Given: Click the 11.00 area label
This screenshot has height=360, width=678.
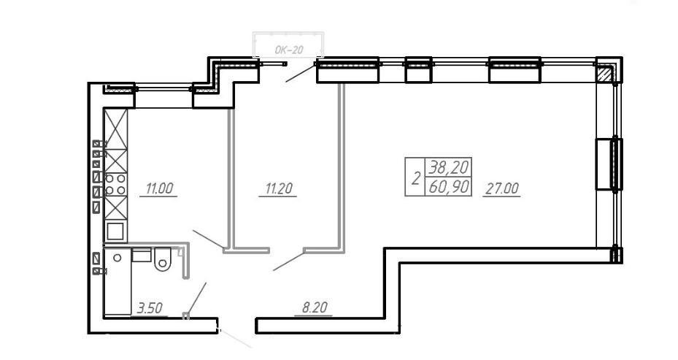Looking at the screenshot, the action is point(159,188).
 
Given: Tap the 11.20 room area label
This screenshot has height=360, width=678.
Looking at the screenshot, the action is point(279,188).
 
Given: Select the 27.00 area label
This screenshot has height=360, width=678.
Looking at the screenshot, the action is point(501,188).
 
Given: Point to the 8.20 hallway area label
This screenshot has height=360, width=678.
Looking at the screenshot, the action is point(315,307).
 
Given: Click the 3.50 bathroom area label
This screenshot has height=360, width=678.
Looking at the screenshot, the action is point(150,307).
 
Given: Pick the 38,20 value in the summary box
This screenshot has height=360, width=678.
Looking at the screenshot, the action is point(448,166).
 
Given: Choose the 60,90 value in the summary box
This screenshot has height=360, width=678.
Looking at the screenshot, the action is point(448,187).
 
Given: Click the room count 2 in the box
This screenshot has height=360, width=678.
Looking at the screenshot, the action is point(415,178).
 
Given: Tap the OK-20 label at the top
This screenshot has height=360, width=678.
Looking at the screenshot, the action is point(289,50).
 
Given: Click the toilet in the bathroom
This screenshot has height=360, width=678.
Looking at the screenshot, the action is point(163,258).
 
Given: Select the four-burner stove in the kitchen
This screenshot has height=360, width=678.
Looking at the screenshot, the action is point(116,184).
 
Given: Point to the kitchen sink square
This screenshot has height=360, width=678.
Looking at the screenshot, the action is point(116,231).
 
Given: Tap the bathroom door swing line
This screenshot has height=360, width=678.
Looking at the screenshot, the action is point(196,299).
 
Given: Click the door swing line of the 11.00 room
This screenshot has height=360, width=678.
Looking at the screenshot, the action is point(209,240).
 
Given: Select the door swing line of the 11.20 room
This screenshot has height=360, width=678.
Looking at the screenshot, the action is point(289,261).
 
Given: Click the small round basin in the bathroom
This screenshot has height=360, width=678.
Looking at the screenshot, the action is point(118,258).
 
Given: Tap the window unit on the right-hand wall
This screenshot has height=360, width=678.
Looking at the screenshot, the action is point(609,164).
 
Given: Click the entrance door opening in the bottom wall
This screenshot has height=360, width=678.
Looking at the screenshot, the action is point(236,326).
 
